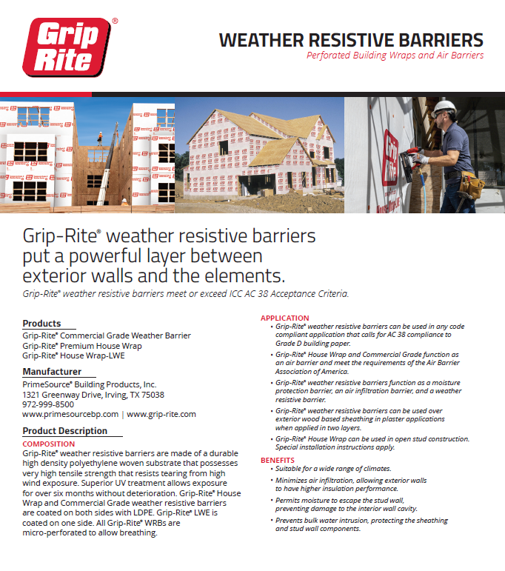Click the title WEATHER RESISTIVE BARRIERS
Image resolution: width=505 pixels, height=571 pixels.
351,40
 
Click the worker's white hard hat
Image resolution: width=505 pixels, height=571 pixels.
443,108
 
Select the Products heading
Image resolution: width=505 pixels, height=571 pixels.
41,324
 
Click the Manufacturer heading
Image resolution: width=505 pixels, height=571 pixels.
52,372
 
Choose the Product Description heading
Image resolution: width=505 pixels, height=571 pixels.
64,431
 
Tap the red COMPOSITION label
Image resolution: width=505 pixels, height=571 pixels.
49,444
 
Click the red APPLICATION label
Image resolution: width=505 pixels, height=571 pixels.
285,318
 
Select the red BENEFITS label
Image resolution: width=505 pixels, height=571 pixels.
278,461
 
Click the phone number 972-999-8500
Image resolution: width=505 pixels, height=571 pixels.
48,404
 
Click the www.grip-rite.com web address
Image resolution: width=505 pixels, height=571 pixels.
161,415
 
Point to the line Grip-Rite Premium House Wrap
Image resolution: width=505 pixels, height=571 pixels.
81,346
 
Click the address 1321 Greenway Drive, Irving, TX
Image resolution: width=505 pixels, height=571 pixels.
93,395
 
